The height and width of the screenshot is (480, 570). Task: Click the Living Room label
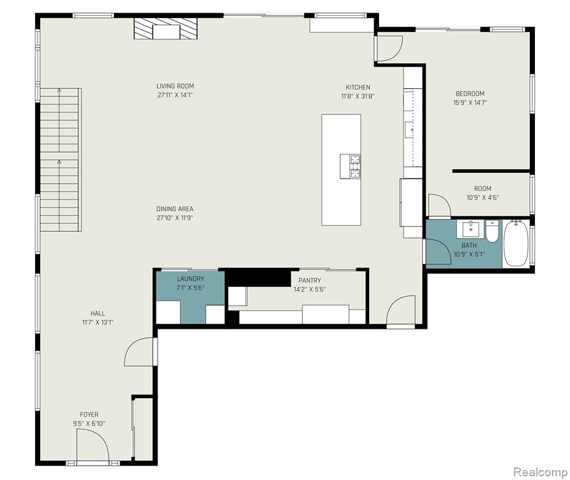click(x=175, y=86)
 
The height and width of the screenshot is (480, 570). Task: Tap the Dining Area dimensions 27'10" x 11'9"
click(x=175, y=218)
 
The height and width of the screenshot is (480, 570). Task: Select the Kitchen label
click(x=358, y=87)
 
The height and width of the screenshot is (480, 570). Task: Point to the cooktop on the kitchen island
click(x=350, y=166)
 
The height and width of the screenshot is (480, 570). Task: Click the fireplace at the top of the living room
click(x=165, y=29)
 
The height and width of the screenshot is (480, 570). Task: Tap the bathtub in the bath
click(x=516, y=243)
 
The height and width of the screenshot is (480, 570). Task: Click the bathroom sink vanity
click(x=471, y=229)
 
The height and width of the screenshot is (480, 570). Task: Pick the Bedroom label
click(x=470, y=94)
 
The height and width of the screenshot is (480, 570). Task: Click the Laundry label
click(x=190, y=279)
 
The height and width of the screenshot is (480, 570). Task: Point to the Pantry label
click(x=310, y=280)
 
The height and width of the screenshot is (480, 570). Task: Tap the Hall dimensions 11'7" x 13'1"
click(x=98, y=322)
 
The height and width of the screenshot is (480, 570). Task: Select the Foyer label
click(x=89, y=414)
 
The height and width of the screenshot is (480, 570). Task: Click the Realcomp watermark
click(x=540, y=472)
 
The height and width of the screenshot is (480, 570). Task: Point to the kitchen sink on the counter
click(x=410, y=129)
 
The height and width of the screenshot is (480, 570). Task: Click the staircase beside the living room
click(x=61, y=160)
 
